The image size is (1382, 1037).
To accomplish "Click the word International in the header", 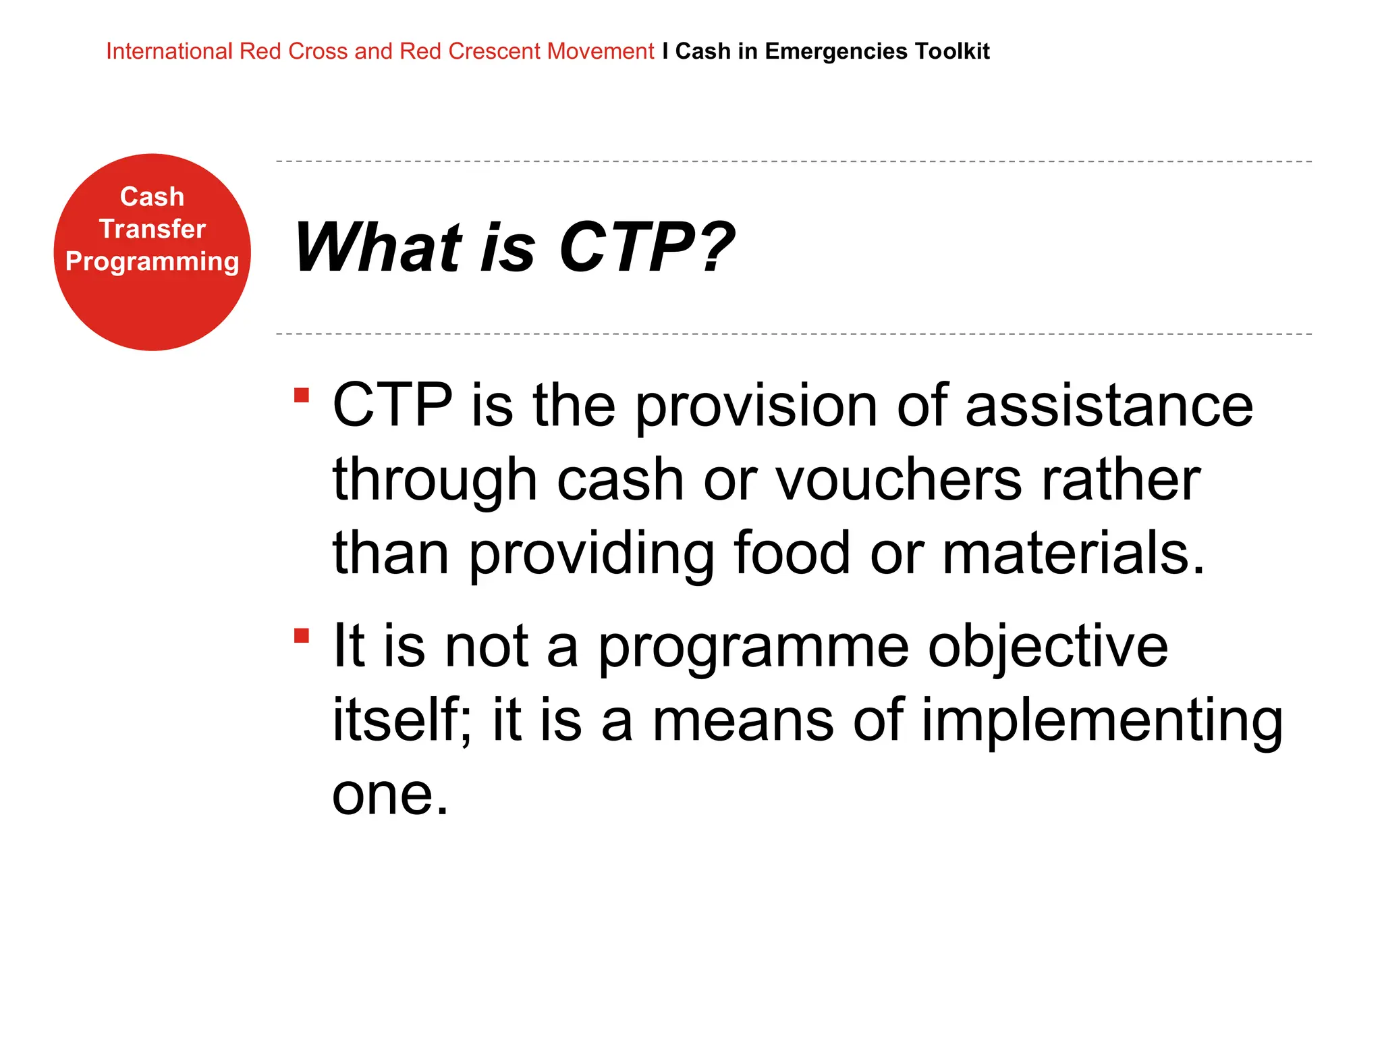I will [x=169, y=51].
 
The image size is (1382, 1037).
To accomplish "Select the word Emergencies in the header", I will [x=835, y=51].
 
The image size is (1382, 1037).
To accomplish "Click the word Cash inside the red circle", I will [x=152, y=196].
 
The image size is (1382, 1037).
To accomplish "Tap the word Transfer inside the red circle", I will [x=152, y=229].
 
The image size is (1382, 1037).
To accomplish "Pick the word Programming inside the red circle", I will [x=152, y=262].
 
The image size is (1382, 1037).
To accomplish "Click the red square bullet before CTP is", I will [x=302, y=395].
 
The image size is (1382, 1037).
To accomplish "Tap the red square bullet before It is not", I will [x=302, y=636].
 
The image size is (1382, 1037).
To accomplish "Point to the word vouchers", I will [x=898, y=479].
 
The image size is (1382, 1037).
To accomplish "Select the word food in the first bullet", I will [x=792, y=553].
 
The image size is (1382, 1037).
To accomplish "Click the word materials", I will [x=1073, y=553].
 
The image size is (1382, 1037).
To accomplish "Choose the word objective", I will [x=1047, y=647].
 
